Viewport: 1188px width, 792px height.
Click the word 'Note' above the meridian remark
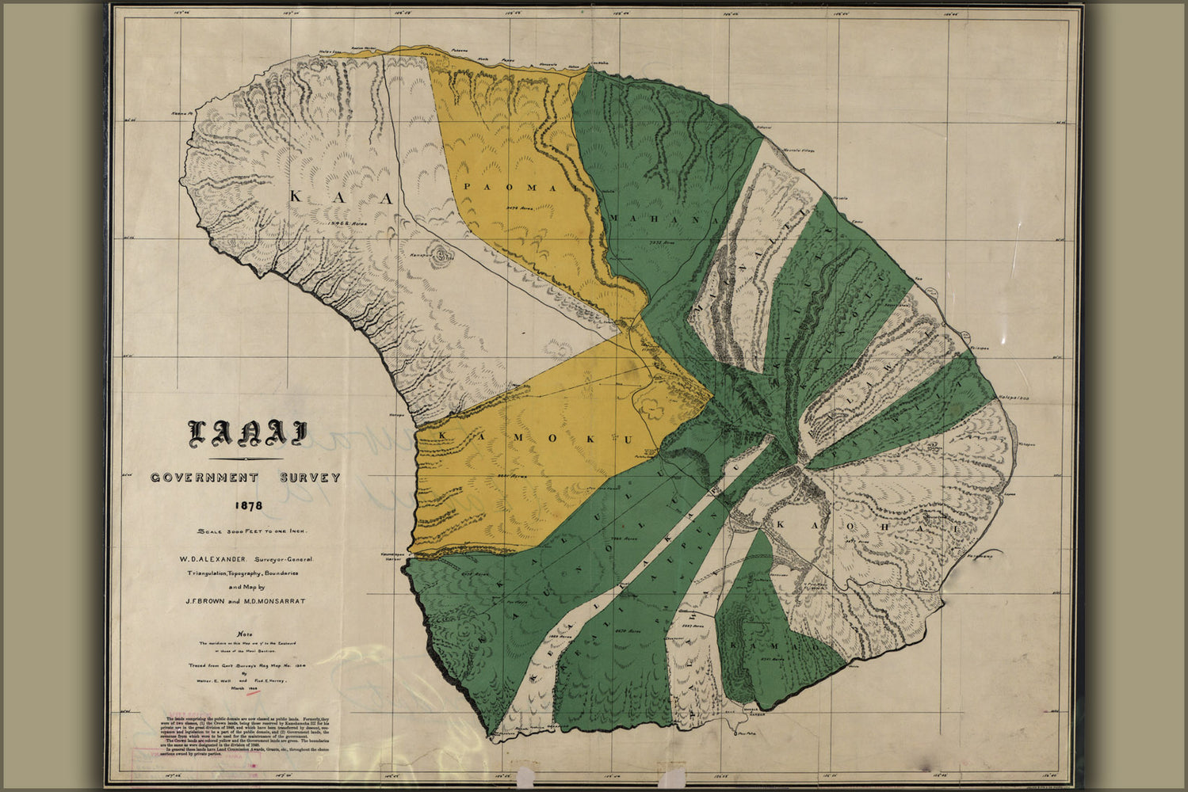point(246,634)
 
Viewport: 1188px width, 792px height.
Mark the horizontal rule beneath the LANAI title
point(246,459)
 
